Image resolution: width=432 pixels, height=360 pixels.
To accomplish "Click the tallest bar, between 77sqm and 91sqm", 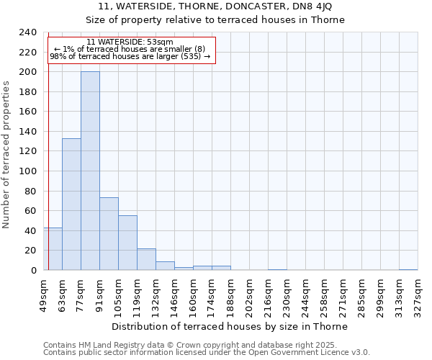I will [90, 171].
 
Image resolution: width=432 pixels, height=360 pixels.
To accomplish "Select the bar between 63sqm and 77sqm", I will [71, 204].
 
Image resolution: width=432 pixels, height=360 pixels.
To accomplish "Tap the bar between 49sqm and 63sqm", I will [53, 249].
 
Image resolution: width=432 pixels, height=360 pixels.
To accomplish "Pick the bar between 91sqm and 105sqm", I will [109, 234].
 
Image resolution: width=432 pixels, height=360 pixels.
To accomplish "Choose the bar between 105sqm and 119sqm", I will [127, 243].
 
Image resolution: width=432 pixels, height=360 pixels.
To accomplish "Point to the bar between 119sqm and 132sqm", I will [146, 259].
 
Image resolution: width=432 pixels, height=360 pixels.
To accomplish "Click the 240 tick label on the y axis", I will [28, 32].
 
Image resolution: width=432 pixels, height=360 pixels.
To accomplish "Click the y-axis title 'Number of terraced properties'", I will [6, 154].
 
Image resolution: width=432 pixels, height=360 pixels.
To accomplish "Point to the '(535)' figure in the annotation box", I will [192, 56].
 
